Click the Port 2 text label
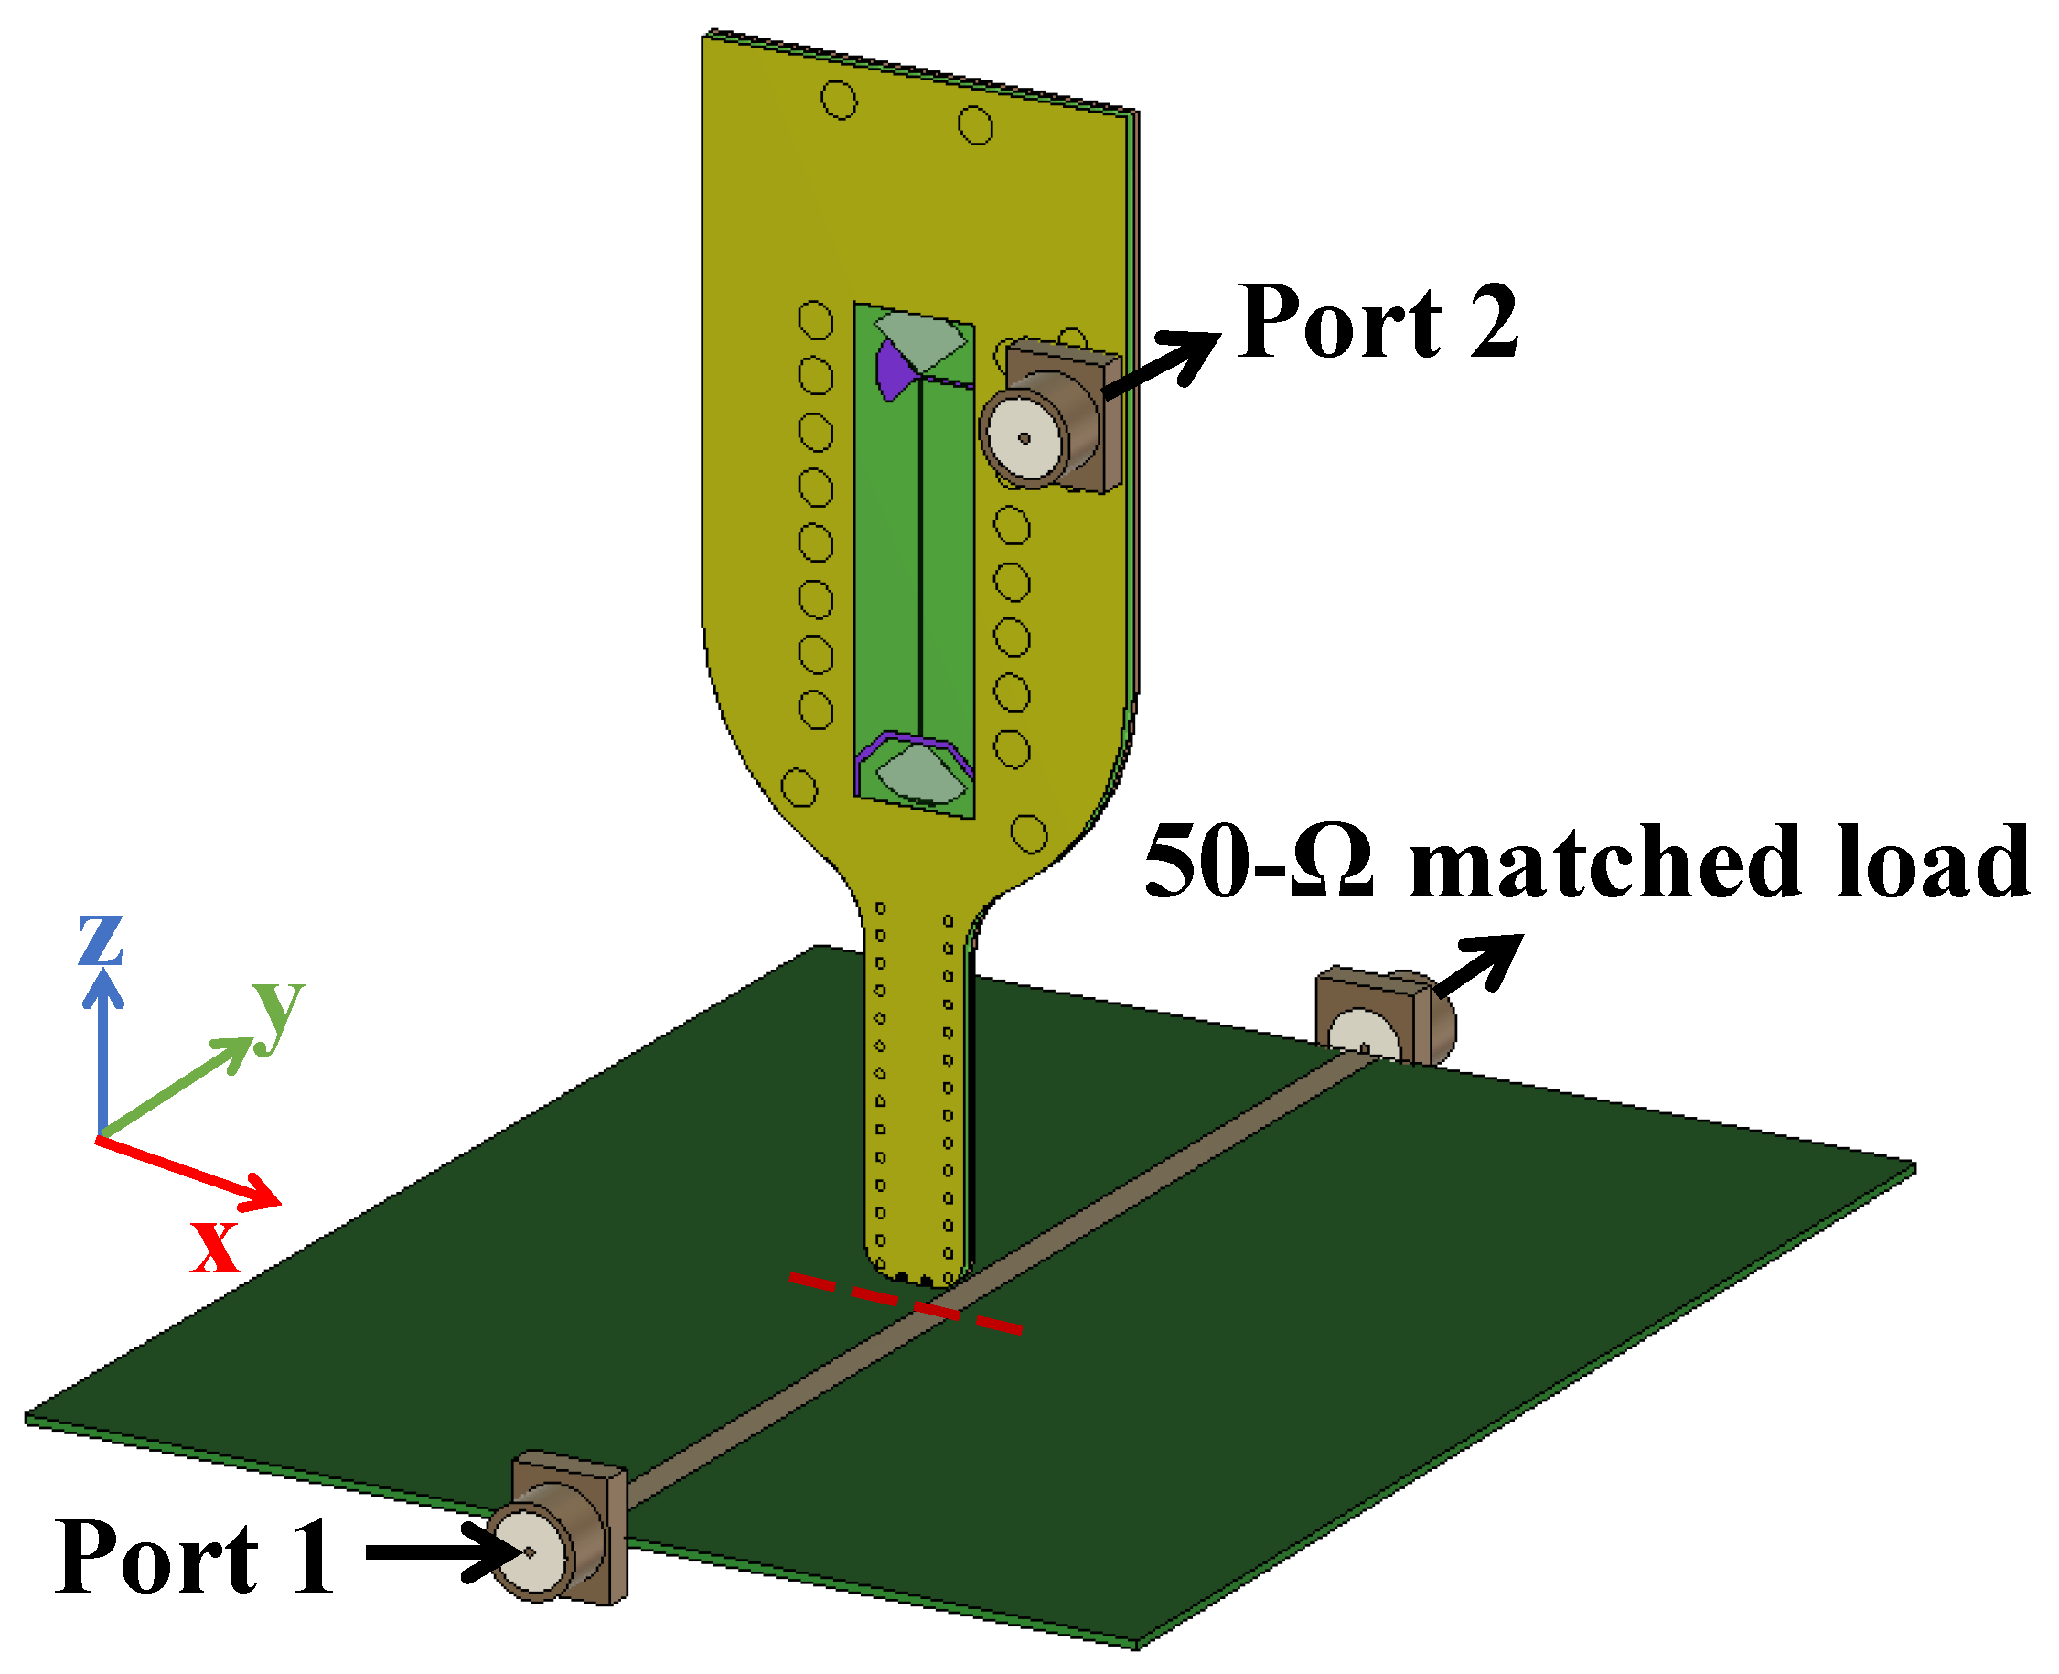coord(1378,322)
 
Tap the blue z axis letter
coord(100,939)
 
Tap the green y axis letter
coord(279,1014)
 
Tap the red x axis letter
coord(214,1247)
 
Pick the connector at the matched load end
coord(1384,1020)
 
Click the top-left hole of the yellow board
coord(838,100)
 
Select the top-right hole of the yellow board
coord(975,125)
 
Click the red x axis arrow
coord(188,1172)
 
